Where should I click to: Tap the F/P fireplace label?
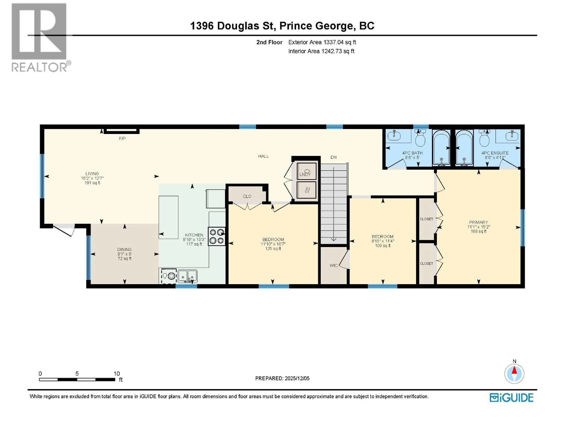pyautogui.click(x=122, y=139)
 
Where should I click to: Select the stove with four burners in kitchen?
pyautogui.click(x=217, y=236)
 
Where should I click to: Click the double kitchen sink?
pyautogui.click(x=187, y=276)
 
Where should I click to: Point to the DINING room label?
pyautogui.click(x=124, y=249)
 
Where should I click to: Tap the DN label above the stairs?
pyautogui.click(x=333, y=157)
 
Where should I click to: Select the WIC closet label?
pyautogui.click(x=333, y=266)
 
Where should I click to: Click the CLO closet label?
pyautogui.click(x=247, y=196)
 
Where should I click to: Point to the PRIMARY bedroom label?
pyautogui.click(x=478, y=222)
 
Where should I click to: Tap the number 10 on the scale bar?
pyautogui.click(x=117, y=374)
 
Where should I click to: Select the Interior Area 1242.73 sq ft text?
pyautogui.click(x=321, y=51)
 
